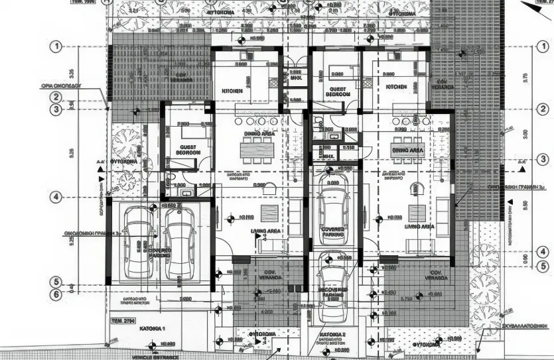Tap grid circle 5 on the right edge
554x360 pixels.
point(543,267)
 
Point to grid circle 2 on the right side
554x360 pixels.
point(543,109)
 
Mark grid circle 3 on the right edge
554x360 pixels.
point(543,159)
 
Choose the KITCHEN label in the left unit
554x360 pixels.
point(232,90)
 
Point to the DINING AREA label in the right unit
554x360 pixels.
point(409,151)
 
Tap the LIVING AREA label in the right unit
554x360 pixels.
point(419,227)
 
